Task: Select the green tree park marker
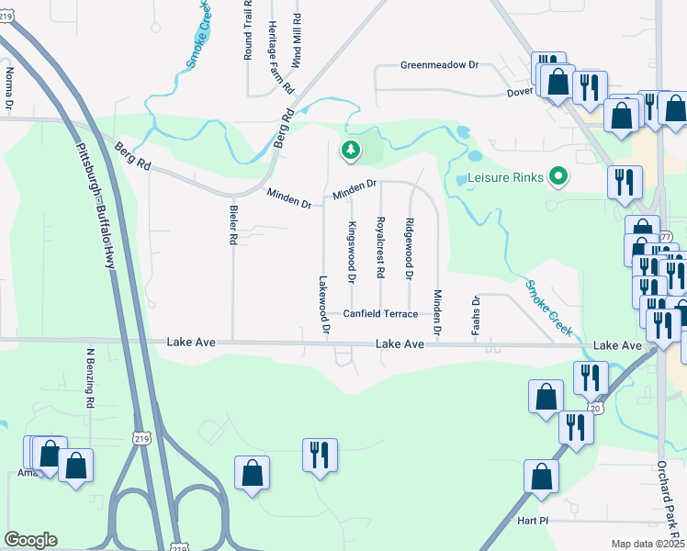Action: click(x=350, y=150)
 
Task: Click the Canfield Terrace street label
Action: click(x=380, y=314)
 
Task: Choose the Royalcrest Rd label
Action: click(x=379, y=248)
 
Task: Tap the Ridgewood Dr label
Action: click(x=409, y=249)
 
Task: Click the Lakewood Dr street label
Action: click(x=323, y=304)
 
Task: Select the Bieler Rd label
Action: click(x=233, y=224)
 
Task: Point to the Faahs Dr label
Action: click(x=476, y=315)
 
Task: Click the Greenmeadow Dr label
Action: click(x=440, y=65)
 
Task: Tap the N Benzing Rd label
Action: click(x=90, y=377)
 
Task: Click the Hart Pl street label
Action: click(x=532, y=519)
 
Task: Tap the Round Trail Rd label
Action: click(x=248, y=30)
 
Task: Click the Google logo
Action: click(x=30, y=539)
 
